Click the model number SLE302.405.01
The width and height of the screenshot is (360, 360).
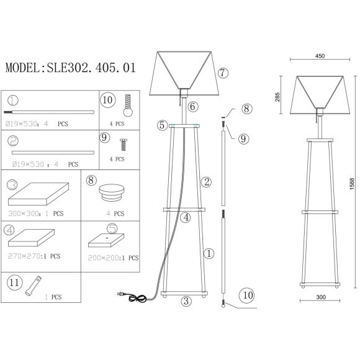(x=70, y=68)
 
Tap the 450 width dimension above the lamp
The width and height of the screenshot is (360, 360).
(x=320, y=56)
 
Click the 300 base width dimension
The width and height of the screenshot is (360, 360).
(x=320, y=297)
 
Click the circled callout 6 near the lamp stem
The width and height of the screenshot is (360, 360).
(x=193, y=107)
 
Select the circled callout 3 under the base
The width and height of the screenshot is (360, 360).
(x=185, y=302)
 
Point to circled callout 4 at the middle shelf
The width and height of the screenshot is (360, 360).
(x=185, y=217)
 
